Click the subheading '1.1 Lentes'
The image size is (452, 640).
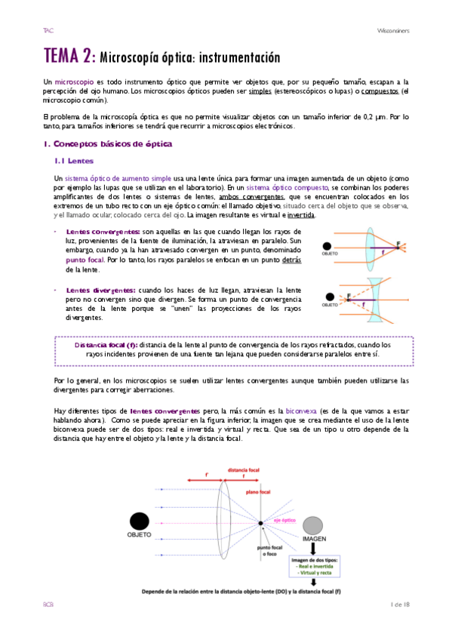[74, 161]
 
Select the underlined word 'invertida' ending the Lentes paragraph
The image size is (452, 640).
[302, 214]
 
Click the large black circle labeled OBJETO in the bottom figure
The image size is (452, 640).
[139, 522]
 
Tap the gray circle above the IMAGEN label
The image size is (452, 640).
[314, 526]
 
